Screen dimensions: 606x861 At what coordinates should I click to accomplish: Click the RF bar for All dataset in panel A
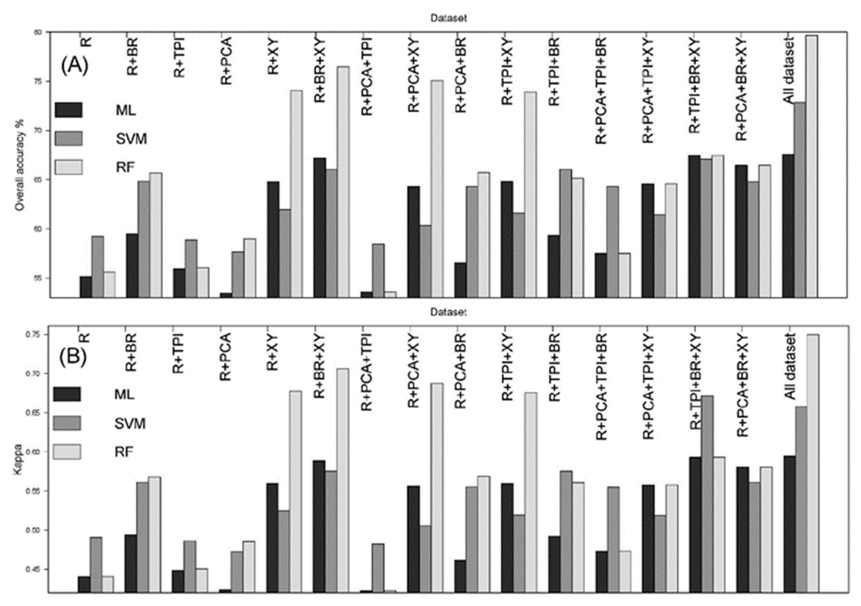coord(811,167)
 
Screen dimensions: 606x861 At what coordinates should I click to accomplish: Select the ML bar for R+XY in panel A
coord(273,240)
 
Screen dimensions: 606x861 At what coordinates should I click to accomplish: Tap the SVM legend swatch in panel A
coord(69,139)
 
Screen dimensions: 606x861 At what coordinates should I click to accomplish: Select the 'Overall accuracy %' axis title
coord(20,165)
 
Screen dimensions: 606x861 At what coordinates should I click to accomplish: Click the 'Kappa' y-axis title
coord(18,460)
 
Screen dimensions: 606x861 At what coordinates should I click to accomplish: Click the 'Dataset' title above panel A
coord(448,18)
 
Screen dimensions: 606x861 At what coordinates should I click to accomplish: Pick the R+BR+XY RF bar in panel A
coord(343,182)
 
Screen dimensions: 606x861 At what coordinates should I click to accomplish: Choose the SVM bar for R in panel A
coord(98,267)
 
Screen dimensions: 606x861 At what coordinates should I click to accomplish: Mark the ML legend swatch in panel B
coord(67,394)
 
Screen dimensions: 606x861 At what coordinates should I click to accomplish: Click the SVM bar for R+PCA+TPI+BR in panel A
coord(612,242)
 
